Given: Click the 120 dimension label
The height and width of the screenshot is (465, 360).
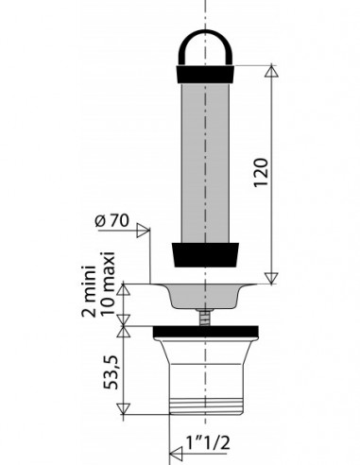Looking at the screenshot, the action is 261,173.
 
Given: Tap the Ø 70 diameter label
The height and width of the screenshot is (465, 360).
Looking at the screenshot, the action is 112,220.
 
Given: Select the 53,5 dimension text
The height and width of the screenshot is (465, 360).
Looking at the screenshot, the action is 111,372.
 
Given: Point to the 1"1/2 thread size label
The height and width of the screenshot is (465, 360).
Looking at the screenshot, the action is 208,443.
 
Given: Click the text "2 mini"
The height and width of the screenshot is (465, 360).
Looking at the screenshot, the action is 89,291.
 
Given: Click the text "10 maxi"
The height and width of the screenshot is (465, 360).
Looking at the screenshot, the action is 107,284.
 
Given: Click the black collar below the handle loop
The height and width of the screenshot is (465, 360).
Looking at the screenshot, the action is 205,75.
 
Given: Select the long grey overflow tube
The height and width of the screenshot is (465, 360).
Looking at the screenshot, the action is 205,163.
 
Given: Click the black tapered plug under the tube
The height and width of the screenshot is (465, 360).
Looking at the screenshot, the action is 205,255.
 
